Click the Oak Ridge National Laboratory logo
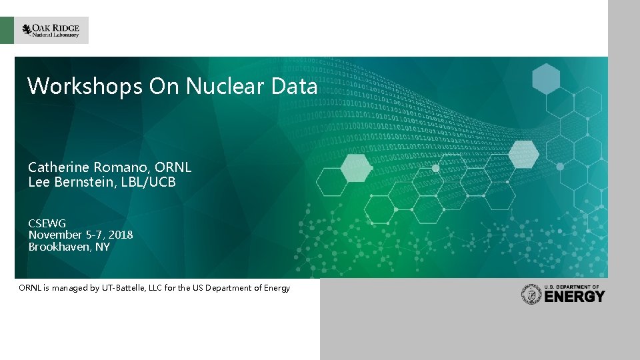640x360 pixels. click(x=51, y=30)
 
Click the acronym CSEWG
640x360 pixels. click(x=47, y=223)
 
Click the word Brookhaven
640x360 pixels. click(x=58, y=247)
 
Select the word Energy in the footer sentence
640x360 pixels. click(x=277, y=288)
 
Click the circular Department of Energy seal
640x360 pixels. click(x=531, y=295)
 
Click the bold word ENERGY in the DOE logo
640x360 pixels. click(x=575, y=297)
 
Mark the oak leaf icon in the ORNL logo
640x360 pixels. click(x=27, y=29)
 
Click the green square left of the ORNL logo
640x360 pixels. click(x=7, y=31)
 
